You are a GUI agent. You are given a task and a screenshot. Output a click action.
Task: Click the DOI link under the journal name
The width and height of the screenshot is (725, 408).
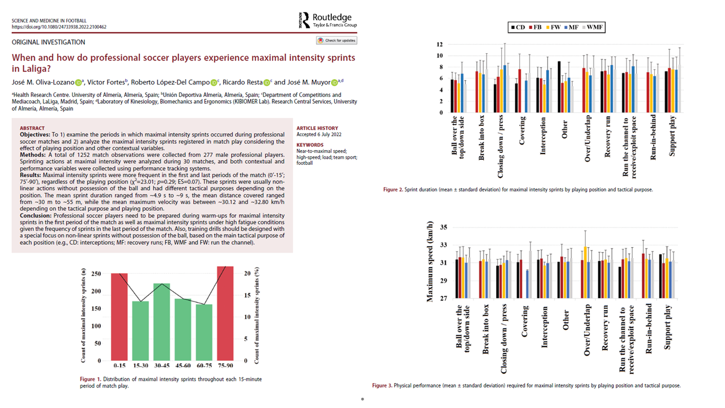(x=59, y=27)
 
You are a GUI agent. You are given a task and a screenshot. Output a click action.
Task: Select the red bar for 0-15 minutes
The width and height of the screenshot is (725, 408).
(x=119, y=317)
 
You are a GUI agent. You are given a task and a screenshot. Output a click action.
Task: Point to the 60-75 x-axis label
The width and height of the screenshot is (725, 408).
(x=204, y=365)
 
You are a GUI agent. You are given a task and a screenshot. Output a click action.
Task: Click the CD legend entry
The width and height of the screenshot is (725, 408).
(x=517, y=27)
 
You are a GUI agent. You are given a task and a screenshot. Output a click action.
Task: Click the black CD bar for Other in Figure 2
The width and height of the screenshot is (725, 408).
(x=559, y=87)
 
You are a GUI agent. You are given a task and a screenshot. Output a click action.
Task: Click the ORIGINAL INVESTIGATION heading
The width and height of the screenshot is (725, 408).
(x=48, y=42)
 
